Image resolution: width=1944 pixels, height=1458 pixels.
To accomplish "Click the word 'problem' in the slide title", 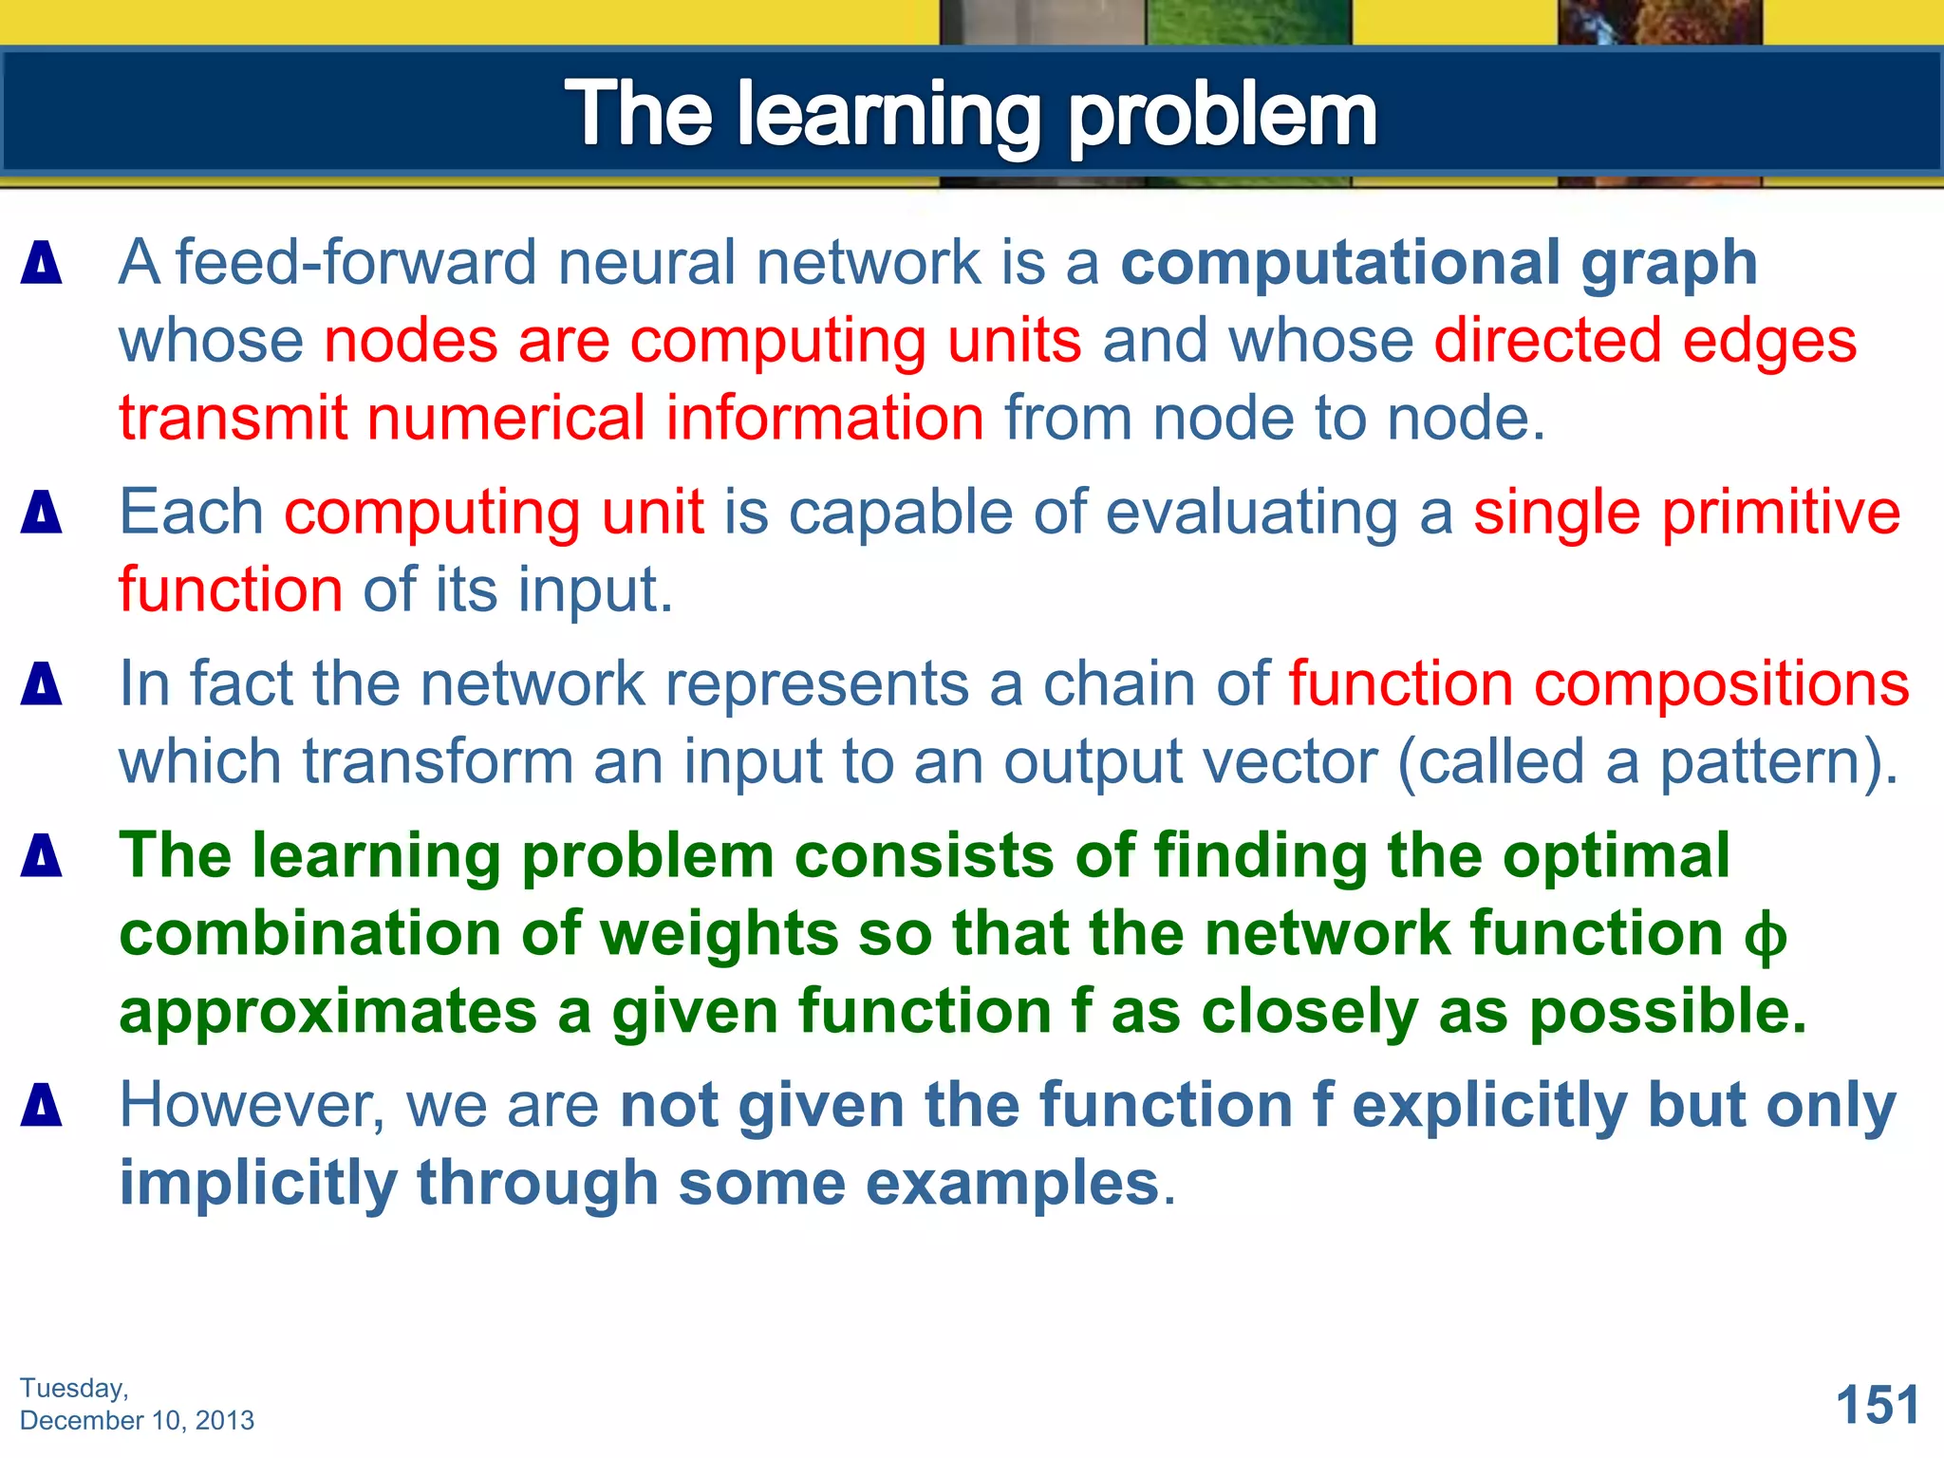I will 1223,116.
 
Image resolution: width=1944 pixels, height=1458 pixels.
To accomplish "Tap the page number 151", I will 1877,1405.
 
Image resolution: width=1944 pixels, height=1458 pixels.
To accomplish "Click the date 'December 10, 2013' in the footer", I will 137,1420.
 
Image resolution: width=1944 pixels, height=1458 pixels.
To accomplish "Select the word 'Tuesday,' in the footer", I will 74,1388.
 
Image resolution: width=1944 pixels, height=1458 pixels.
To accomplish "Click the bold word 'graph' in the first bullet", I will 1669,264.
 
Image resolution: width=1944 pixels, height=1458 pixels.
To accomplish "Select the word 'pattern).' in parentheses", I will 1779,762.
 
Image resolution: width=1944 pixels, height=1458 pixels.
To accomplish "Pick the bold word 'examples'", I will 1013,1184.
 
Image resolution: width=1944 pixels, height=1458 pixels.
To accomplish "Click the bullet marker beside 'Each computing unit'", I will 42,513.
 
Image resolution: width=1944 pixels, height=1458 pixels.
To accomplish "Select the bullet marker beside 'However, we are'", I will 42,1106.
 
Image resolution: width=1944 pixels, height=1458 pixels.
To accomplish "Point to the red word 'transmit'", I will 233,419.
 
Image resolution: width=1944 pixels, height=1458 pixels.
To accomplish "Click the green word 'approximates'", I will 327,1013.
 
